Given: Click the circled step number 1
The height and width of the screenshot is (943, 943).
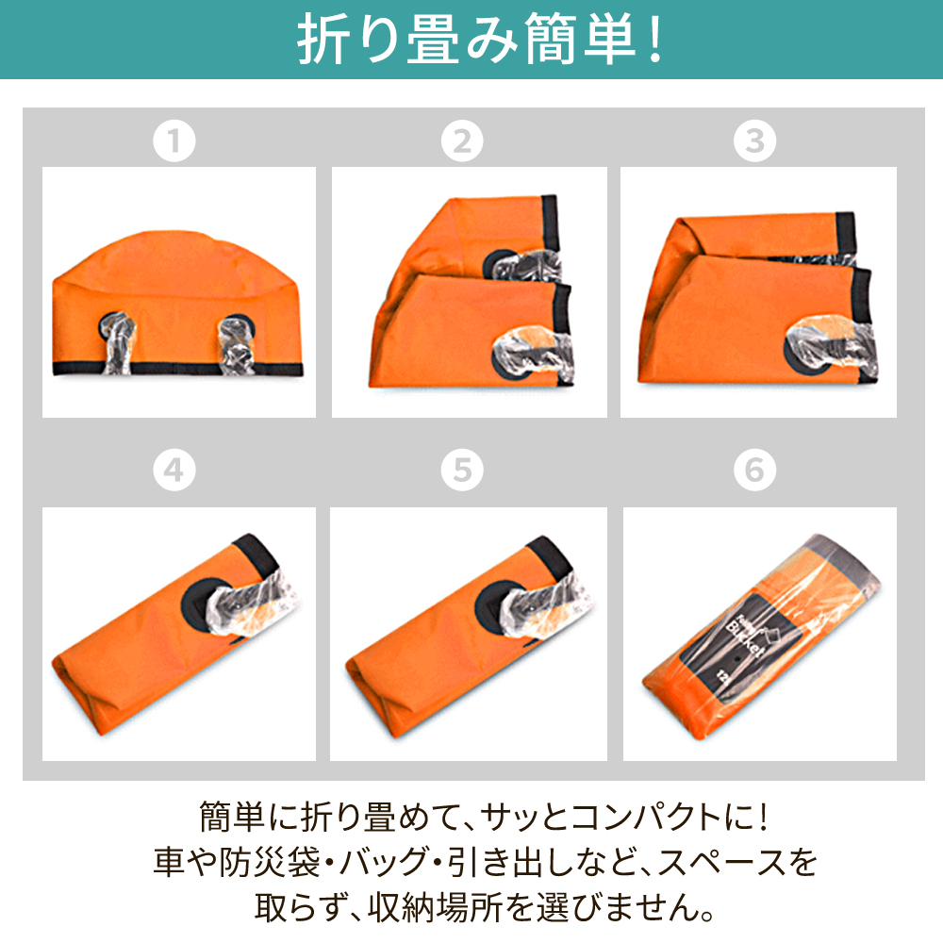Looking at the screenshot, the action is click(x=174, y=141).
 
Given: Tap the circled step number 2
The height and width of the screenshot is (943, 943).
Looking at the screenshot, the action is click(x=462, y=141).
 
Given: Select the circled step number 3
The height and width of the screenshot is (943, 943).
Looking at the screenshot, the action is click(x=754, y=141).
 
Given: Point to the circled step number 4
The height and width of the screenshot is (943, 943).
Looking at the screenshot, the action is click(x=174, y=470).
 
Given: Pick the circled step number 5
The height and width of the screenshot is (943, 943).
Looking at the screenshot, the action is click(x=462, y=470).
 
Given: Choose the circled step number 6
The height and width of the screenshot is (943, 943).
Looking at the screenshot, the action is click(x=754, y=470).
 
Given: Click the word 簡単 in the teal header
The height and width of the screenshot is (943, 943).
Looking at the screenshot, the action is click(x=580, y=39).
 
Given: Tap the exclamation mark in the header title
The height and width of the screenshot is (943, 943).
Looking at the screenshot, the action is click(x=655, y=39).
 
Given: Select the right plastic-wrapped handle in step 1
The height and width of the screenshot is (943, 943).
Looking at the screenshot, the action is click(x=237, y=345).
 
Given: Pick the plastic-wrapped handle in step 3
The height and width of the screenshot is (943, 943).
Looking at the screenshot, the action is click(x=831, y=349).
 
